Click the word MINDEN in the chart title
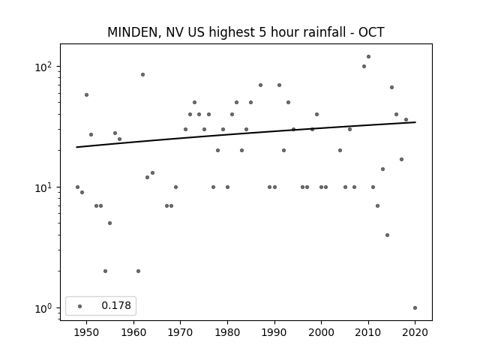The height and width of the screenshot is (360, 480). pyautogui.click(x=133, y=32)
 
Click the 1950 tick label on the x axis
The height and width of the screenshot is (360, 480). pyautogui.click(x=87, y=332)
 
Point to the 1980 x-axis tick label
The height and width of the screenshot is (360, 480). pyautogui.click(x=227, y=332)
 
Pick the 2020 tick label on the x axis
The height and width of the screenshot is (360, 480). pyautogui.click(x=415, y=332)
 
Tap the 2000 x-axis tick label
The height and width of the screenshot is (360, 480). pyautogui.click(x=322, y=332)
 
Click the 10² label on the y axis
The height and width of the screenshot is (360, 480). pyautogui.click(x=45, y=67)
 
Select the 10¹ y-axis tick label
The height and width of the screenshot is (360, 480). pyautogui.click(x=45, y=187)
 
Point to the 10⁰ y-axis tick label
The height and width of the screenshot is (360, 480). pyautogui.click(x=45, y=308)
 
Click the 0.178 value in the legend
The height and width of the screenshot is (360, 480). pyautogui.click(x=116, y=305)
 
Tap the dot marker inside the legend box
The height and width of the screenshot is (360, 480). pyautogui.click(x=80, y=306)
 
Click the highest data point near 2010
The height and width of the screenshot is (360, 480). pyautogui.click(x=368, y=57)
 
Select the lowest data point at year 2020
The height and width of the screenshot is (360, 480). pyautogui.click(x=415, y=308)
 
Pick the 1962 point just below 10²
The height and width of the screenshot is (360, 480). pyautogui.click(x=142, y=75)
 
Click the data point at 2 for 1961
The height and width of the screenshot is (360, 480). pyautogui.click(x=138, y=271)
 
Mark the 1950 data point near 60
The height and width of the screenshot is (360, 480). pyautogui.click(x=87, y=95)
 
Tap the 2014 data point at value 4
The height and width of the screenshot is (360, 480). pyautogui.click(x=387, y=235)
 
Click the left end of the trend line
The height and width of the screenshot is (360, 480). pyautogui.click(x=76, y=147)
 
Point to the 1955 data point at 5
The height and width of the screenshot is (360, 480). pyautogui.click(x=110, y=223)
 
